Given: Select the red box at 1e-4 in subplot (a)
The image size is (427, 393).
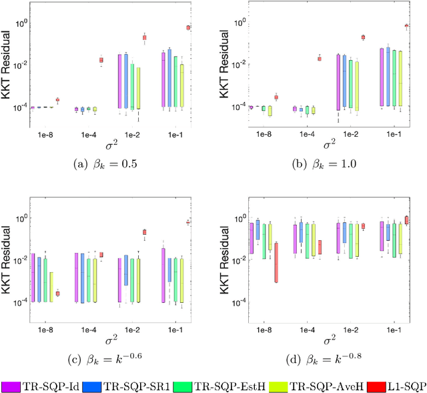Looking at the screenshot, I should click(101, 60).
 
